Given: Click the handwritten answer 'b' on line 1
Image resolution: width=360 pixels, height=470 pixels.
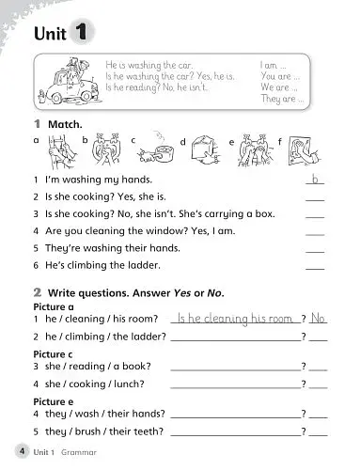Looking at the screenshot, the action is click(x=316, y=178).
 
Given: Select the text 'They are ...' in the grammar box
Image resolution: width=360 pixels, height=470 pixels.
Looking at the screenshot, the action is click(x=279, y=99).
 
